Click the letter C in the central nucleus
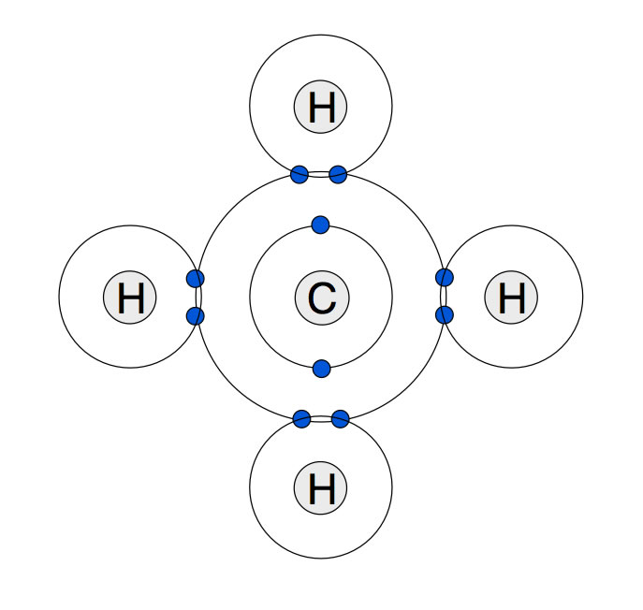[x=321, y=298]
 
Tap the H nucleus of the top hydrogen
[x=321, y=108]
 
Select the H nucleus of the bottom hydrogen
[x=321, y=488]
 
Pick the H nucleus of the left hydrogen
[x=130, y=298]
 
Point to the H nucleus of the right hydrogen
[x=511, y=298]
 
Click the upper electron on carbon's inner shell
[x=320, y=225]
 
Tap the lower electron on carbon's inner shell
[x=322, y=369]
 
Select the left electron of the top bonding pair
[x=300, y=174]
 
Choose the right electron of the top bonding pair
[x=339, y=174]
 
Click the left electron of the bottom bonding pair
[x=301, y=418]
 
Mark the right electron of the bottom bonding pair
[x=341, y=418]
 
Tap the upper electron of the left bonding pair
[x=196, y=278]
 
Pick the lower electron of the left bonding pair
[x=196, y=316]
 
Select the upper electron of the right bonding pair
[x=445, y=277]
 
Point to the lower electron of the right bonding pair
[x=445, y=314]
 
